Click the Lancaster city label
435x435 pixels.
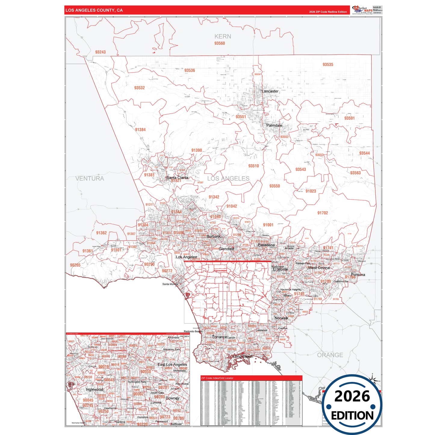click(x=270, y=91)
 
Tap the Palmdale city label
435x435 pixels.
click(x=274, y=125)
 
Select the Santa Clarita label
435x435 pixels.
click(x=177, y=178)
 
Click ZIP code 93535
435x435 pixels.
click(x=328, y=64)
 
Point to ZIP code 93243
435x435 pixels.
click(x=100, y=52)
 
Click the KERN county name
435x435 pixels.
click(x=223, y=36)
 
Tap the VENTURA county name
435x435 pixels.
click(x=90, y=179)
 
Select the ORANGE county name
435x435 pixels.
click(x=330, y=355)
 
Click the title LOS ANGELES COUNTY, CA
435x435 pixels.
click(x=94, y=10)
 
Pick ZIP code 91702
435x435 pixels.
click(x=322, y=213)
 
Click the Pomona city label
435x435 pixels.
click(x=358, y=275)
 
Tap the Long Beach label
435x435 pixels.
click(x=243, y=356)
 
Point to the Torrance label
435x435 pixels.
click(x=219, y=337)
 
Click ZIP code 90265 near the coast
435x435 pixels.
click(x=75, y=265)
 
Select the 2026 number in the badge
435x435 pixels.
click(x=352, y=396)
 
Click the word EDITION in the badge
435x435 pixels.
click(x=352, y=416)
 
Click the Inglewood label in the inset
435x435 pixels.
click(x=94, y=389)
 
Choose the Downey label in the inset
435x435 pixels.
click(x=172, y=398)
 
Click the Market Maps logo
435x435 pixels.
click(x=362, y=10)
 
